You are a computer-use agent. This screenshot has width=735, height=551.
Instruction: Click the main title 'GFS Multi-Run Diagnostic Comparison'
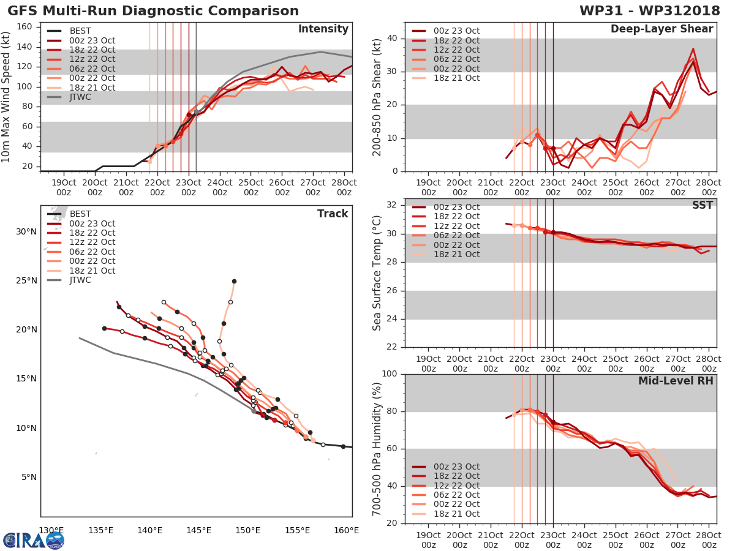click(x=153, y=11)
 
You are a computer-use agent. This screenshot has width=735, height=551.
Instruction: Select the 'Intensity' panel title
click(x=323, y=29)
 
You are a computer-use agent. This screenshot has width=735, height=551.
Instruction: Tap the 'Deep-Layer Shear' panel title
click(x=661, y=29)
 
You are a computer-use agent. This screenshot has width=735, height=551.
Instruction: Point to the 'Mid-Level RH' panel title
click(x=676, y=381)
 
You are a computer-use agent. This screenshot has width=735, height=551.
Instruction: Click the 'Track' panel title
click(x=333, y=214)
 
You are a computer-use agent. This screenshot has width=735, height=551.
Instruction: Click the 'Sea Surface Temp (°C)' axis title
click(x=378, y=273)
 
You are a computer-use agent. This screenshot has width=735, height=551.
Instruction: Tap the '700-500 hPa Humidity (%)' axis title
click(x=378, y=449)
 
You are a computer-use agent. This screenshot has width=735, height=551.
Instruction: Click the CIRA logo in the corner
click(x=34, y=540)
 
